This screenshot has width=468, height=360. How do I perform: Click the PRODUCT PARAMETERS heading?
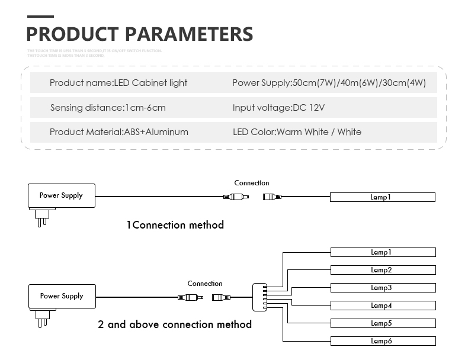[140, 34]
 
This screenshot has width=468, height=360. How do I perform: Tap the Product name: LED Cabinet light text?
[118, 83]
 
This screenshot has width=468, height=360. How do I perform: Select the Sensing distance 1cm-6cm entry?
[108, 108]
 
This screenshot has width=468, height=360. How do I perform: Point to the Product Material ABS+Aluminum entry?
[119, 132]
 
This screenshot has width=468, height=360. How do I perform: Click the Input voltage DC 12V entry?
[279, 108]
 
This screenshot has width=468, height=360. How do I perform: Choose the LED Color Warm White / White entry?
[297, 132]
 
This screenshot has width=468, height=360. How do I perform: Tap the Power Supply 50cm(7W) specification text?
[329, 83]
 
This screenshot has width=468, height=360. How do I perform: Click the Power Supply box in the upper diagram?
[61, 195]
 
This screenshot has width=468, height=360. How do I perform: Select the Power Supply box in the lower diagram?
[62, 296]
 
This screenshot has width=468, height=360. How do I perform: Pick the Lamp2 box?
[383, 270]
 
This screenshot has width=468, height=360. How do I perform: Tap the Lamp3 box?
[383, 288]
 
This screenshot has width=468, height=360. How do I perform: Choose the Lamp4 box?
[383, 306]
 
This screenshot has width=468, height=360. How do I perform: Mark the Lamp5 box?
[383, 323]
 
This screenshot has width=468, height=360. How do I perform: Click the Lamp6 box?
[383, 341]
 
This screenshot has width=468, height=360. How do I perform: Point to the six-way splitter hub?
[261, 297]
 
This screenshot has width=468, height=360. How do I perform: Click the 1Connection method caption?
[175, 225]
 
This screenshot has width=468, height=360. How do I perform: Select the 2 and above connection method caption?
[175, 324]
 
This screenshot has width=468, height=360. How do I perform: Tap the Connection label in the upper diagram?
[252, 183]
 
